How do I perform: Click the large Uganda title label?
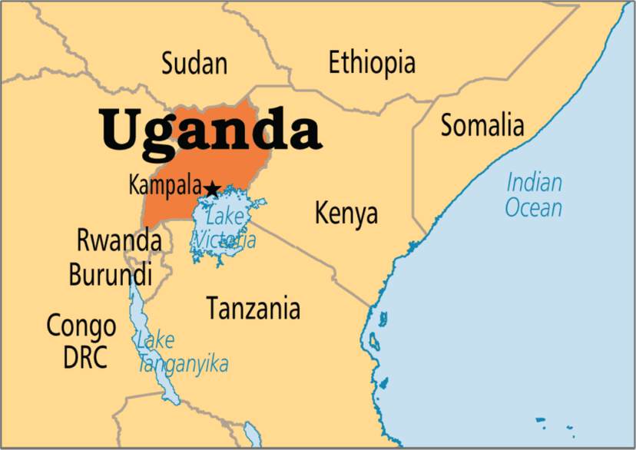pos(209,130)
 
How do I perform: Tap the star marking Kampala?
pos(212,187)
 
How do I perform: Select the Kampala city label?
pos(165,186)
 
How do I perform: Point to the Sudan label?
pos(194,63)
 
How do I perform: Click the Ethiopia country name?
pos(372,62)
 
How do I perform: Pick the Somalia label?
pos(482,124)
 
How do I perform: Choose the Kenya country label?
pos(346,213)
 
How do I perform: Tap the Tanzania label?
pos(253,309)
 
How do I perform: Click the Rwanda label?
pos(119,240)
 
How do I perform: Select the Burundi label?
pos(111,274)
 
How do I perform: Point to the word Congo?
pos(81,326)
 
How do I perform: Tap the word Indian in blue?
pos(534,183)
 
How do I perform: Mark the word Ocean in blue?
pos(534,207)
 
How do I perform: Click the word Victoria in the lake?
pos(224,240)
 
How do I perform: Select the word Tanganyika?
pos(184,363)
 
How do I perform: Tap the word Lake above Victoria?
pos(225,217)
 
